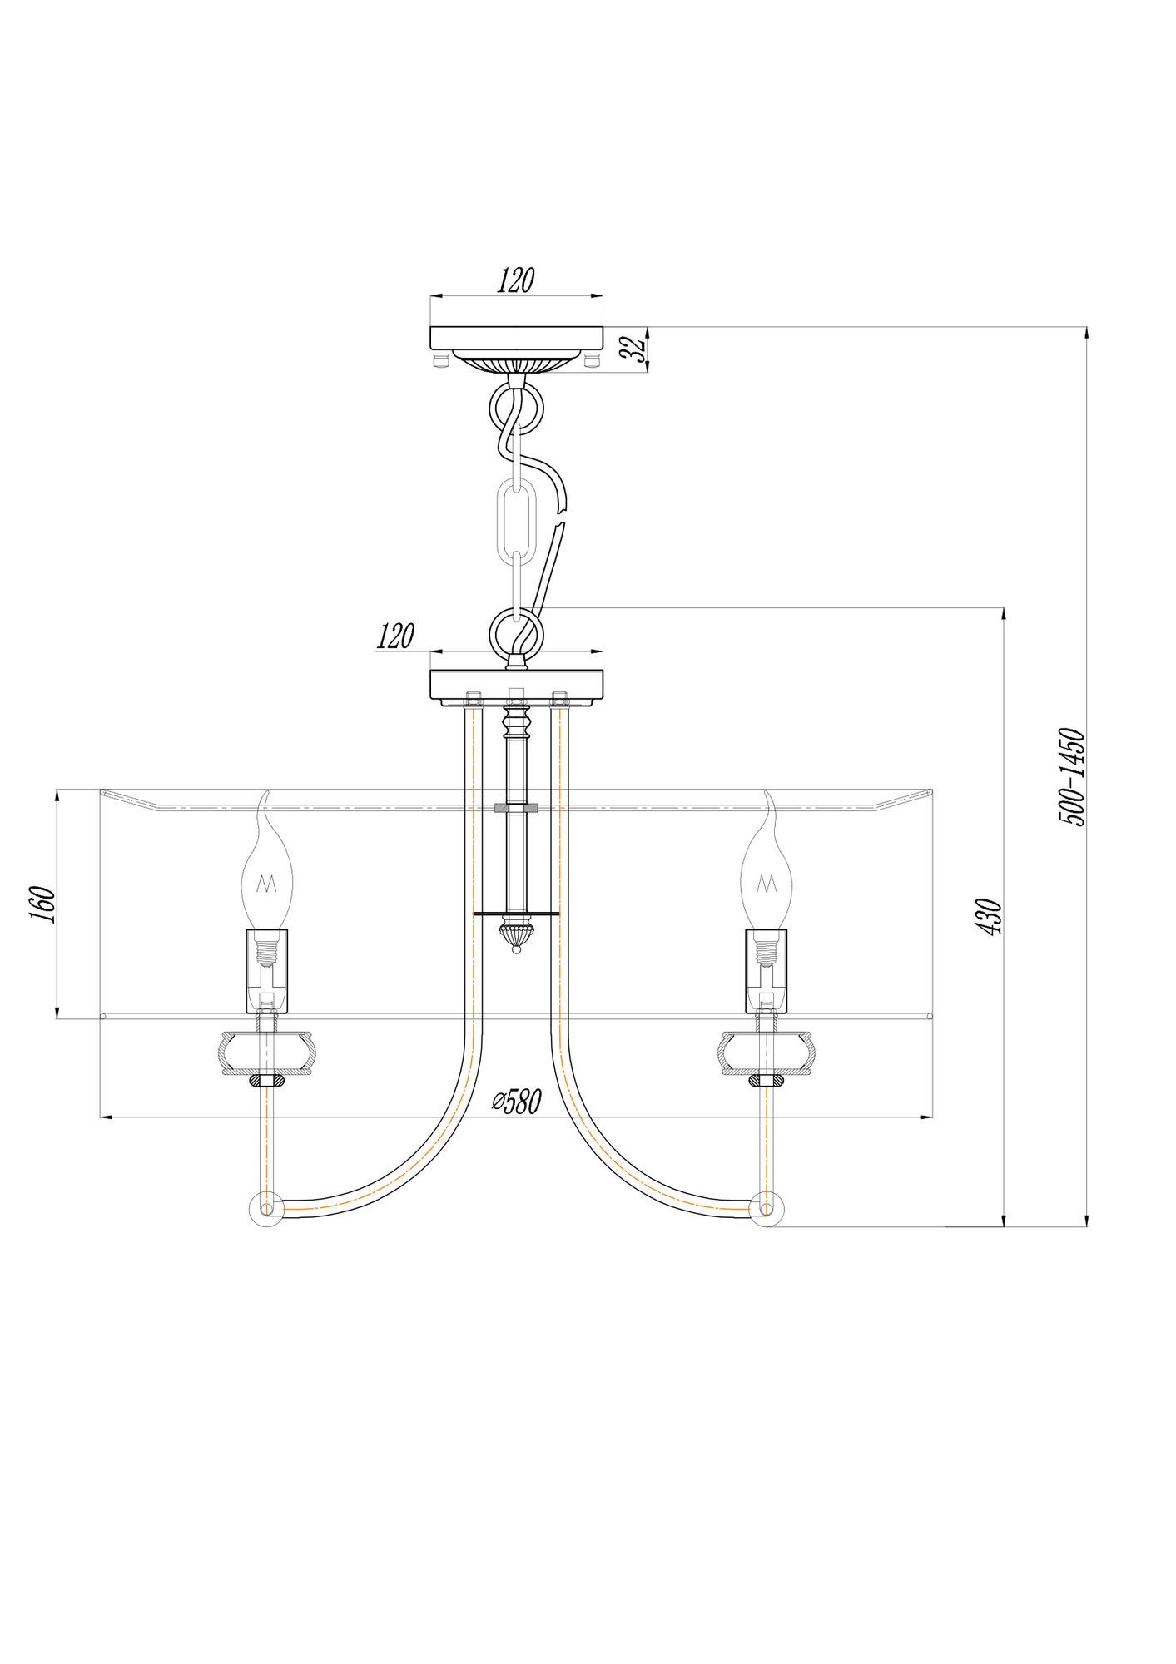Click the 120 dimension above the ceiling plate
(515, 280)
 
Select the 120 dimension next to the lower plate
(395, 636)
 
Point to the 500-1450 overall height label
(1072, 777)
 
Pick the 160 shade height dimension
(43, 904)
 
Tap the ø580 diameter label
(516, 1102)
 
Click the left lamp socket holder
(266, 970)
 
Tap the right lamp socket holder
(767, 970)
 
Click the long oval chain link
(516, 519)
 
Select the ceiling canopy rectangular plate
(516, 338)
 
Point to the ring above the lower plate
(516, 631)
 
